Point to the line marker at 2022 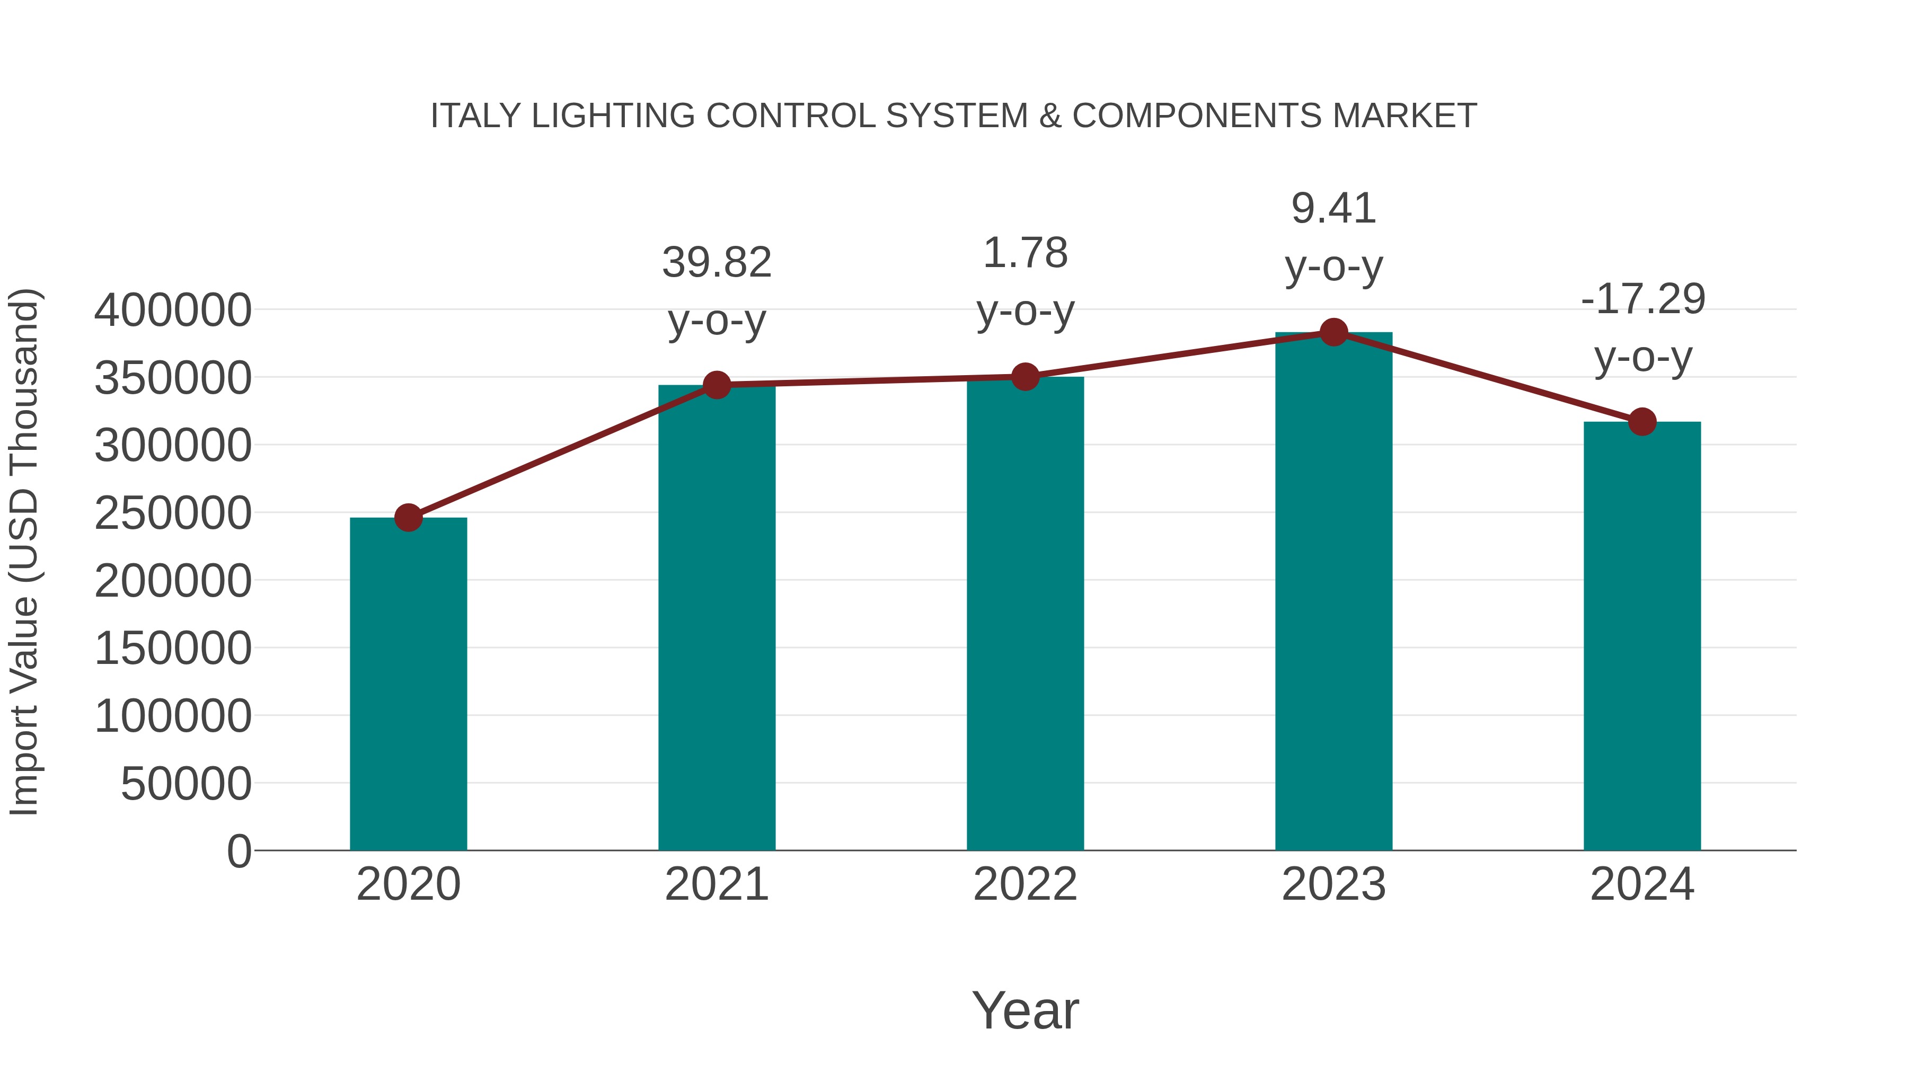1025,377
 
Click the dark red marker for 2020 408,518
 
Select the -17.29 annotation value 1643,299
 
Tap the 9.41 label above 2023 1333,209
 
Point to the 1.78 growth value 1025,253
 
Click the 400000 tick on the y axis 173,311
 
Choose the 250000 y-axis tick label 173,513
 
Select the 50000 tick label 186,784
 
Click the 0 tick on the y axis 238,851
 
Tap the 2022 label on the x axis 1025,884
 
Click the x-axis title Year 1025,1010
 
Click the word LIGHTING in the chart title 613,116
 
